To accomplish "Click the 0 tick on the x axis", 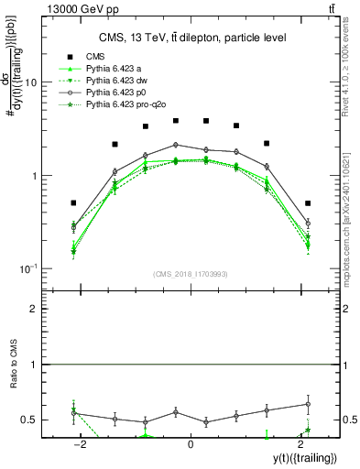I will pos(191,444).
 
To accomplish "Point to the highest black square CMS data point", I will pos(176,120).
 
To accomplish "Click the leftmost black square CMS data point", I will pos(74,202).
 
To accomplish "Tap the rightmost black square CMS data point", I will pos(308,202).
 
